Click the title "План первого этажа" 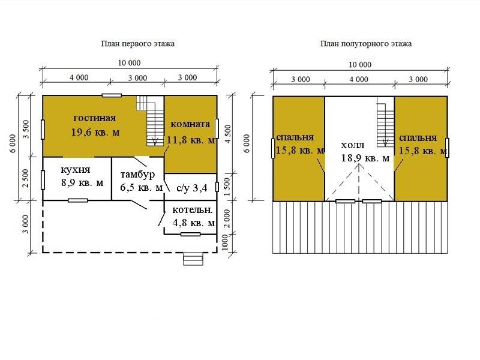pos(138,44)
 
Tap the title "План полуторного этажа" pos(366,44)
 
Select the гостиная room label pos(95,118)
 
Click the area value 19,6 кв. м pos(95,132)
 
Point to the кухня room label pos(76,170)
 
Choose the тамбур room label pos(137,175)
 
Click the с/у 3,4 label pos(192,188)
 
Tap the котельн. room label pos(193,210)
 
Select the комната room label pos(190,124)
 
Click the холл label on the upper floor pos(353,145)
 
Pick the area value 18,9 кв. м pos(365,158)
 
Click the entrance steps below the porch pos(193,259)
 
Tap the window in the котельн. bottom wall pos(190,235)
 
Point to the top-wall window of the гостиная pos(112,95)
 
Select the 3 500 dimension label pos(26,129)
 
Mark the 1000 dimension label pos(226,242)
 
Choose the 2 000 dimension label pos(227,218)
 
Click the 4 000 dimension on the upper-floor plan pos(359,80)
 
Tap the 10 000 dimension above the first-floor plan pos(129,63)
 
